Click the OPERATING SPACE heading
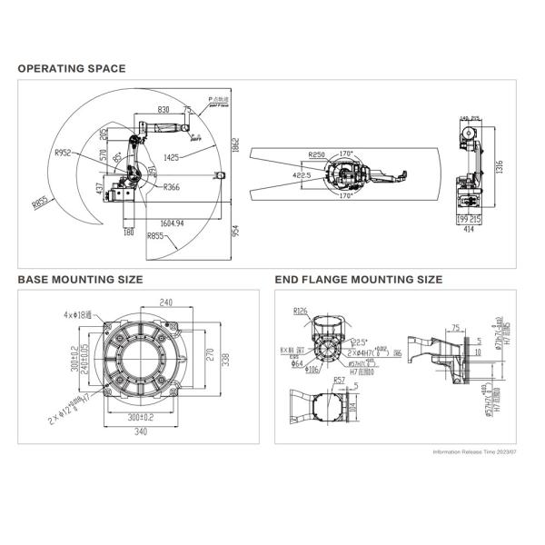point(72,68)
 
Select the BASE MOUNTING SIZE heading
point(80,280)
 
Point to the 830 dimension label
point(163,109)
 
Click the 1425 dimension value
point(177,156)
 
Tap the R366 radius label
point(172,187)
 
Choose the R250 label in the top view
point(317,154)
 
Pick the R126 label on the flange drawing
point(301,311)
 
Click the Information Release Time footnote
point(474,451)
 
